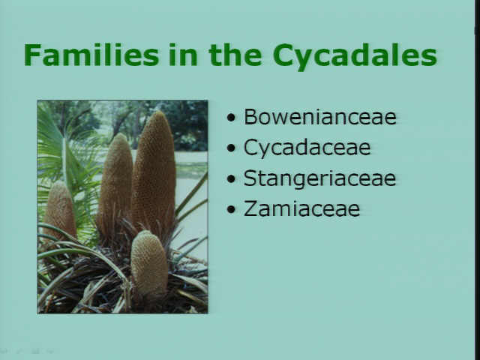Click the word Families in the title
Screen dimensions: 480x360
coord(91,55)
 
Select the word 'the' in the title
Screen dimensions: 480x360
coord(235,55)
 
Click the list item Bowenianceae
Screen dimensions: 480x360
coord(320,117)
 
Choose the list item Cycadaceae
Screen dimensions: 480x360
coord(307,148)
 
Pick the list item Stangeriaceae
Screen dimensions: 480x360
coord(319,179)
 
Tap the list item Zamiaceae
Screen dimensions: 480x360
coord(301,208)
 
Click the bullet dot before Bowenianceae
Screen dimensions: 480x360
coord(232,118)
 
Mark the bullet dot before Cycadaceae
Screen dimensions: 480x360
coord(232,148)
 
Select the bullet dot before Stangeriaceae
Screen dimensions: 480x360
coord(232,178)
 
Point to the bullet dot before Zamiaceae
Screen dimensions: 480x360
coord(232,209)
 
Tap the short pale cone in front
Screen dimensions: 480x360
coord(149,263)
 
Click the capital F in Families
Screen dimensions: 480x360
coord(32,55)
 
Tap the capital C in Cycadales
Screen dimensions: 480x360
coord(283,55)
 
